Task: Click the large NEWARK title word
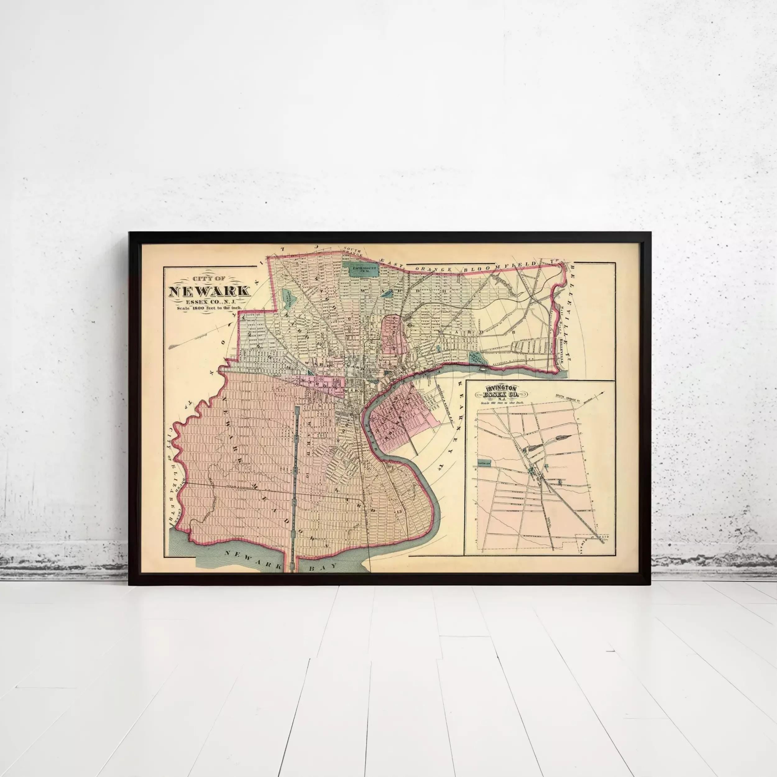coord(209,291)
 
